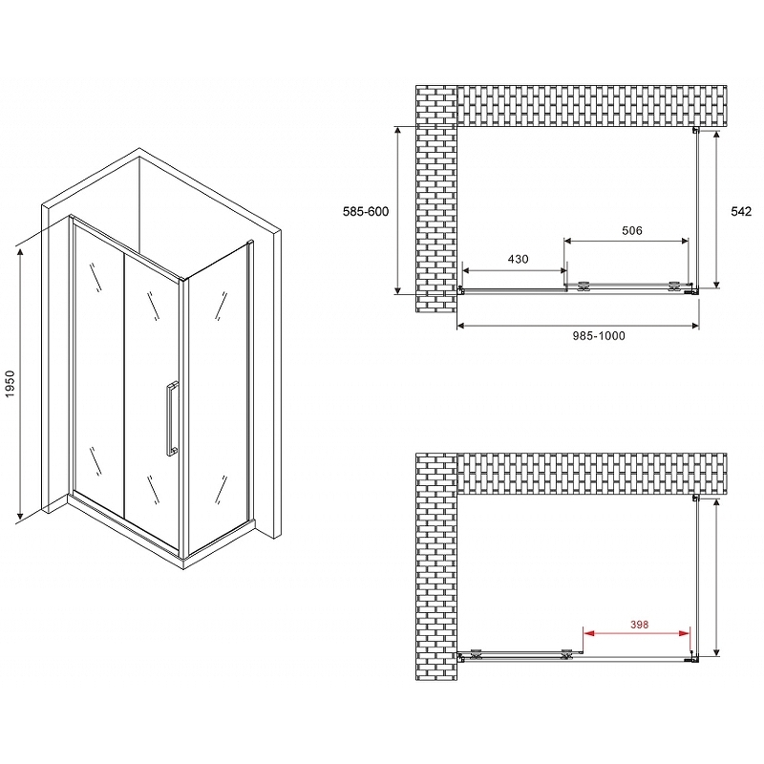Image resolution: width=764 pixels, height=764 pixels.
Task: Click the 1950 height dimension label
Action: click(x=11, y=384)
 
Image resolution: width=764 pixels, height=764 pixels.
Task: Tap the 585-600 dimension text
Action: click(x=366, y=211)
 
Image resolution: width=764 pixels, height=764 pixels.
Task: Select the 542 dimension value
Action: click(x=741, y=211)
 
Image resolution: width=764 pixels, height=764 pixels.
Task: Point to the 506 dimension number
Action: click(x=632, y=230)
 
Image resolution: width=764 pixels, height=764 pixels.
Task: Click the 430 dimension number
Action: click(x=518, y=259)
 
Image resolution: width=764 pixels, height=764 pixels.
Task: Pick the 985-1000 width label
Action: click(x=599, y=336)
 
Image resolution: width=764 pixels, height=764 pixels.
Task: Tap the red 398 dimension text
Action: click(x=639, y=625)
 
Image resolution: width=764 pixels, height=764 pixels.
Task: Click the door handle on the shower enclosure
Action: click(x=172, y=419)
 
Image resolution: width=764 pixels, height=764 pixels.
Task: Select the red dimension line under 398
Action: click(x=637, y=633)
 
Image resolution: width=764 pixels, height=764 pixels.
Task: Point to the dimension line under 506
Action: click(x=626, y=241)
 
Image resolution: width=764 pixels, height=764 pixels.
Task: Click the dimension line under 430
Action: click(x=515, y=271)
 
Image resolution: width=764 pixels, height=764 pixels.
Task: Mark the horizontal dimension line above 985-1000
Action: click(x=578, y=326)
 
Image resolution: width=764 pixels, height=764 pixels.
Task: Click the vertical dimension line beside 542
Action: click(x=716, y=209)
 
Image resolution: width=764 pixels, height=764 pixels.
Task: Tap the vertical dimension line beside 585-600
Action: click(x=398, y=210)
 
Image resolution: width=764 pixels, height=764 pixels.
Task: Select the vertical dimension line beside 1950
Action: click(x=20, y=384)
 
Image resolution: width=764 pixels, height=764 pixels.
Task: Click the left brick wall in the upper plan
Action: click(x=436, y=199)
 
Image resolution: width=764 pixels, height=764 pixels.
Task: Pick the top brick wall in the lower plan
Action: click(x=591, y=474)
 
